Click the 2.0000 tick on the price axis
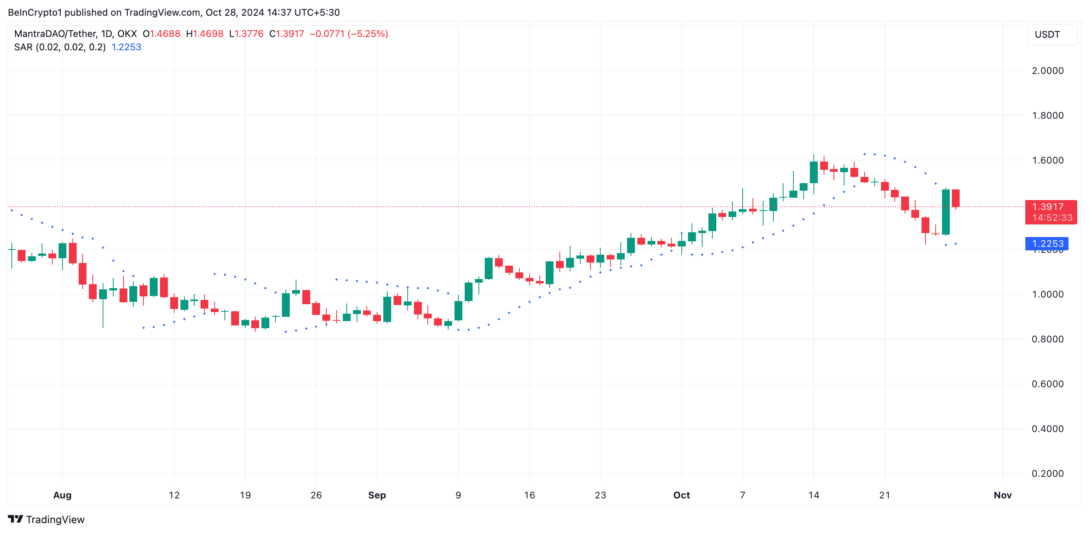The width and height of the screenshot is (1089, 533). click(x=1047, y=71)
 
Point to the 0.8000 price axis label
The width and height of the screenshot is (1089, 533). click(x=1047, y=339)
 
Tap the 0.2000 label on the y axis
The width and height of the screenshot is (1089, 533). click(x=1047, y=473)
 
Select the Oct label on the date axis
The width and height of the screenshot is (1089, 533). click(x=681, y=495)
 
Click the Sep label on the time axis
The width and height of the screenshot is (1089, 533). click(x=377, y=495)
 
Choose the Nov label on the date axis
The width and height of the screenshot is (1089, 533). click(x=1003, y=495)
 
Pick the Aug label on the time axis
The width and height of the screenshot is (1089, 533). click(x=62, y=495)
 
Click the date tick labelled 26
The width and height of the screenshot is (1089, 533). click(x=316, y=495)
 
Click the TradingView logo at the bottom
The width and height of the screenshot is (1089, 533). click(x=46, y=520)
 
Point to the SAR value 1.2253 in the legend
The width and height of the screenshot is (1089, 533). click(x=126, y=47)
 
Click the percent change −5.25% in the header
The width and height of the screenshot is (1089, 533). click(x=368, y=34)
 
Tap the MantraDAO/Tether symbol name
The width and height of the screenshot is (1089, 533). click(x=55, y=34)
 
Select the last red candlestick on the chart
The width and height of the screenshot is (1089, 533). click(x=955, y=198)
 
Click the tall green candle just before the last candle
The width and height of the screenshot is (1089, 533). click(x=946, y=212)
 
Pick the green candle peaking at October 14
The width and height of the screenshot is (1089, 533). click(x=813, y=172)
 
